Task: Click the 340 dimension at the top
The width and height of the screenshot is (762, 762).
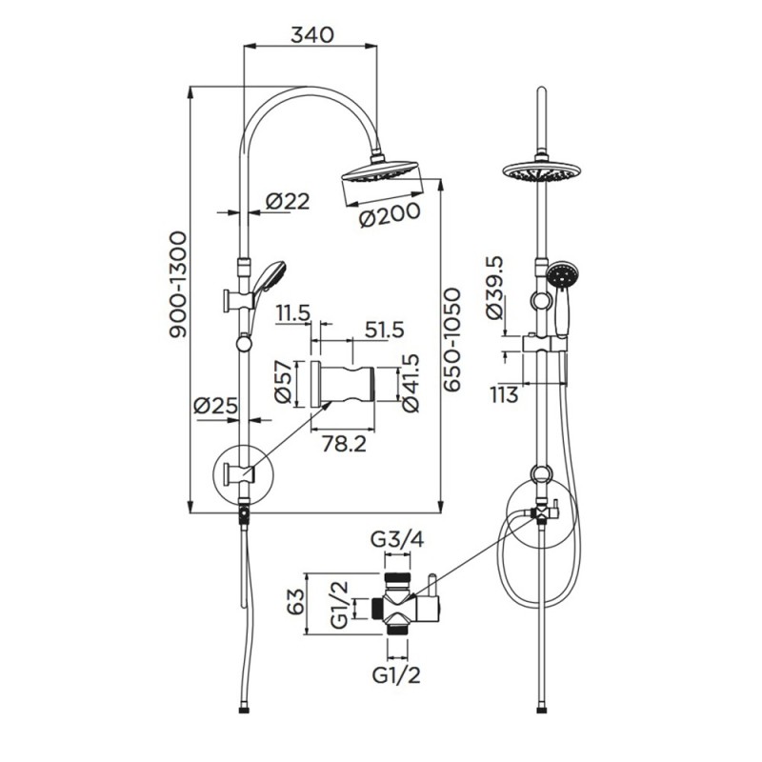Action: [311, 35]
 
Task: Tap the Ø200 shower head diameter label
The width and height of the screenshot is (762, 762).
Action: [390, 216]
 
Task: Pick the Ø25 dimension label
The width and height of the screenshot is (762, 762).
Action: [214, 406]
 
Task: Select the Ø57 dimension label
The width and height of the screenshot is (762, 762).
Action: [283, 382]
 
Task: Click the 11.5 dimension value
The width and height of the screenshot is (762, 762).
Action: [294, 313]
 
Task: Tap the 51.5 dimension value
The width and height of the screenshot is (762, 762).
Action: [385, 330]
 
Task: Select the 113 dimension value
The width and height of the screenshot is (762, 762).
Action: [505, 393]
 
